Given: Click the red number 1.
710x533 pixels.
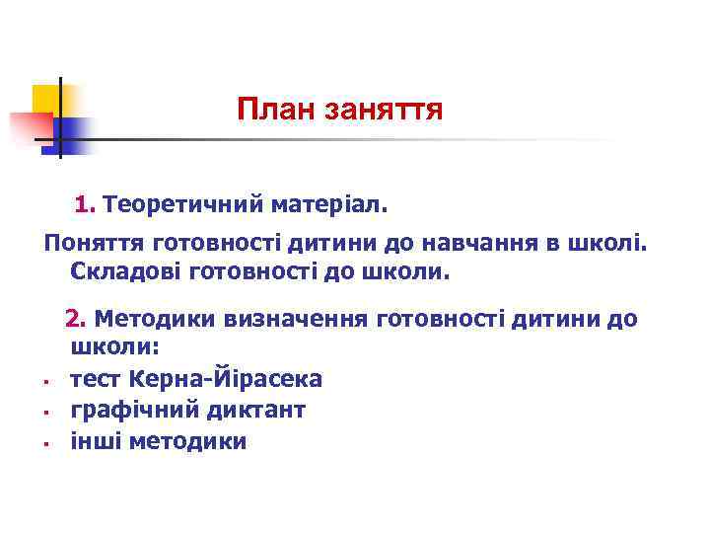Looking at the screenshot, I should [x=83, y=204].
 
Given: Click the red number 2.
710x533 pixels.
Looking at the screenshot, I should [x=73, y=319].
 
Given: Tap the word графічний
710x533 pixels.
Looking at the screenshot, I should [x=123, y=409].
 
